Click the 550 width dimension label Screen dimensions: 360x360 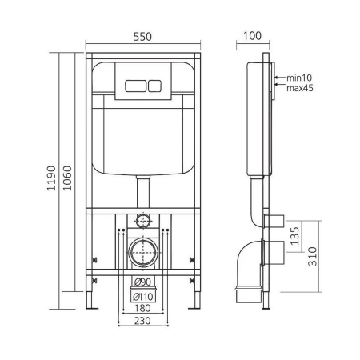(141, 36)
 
